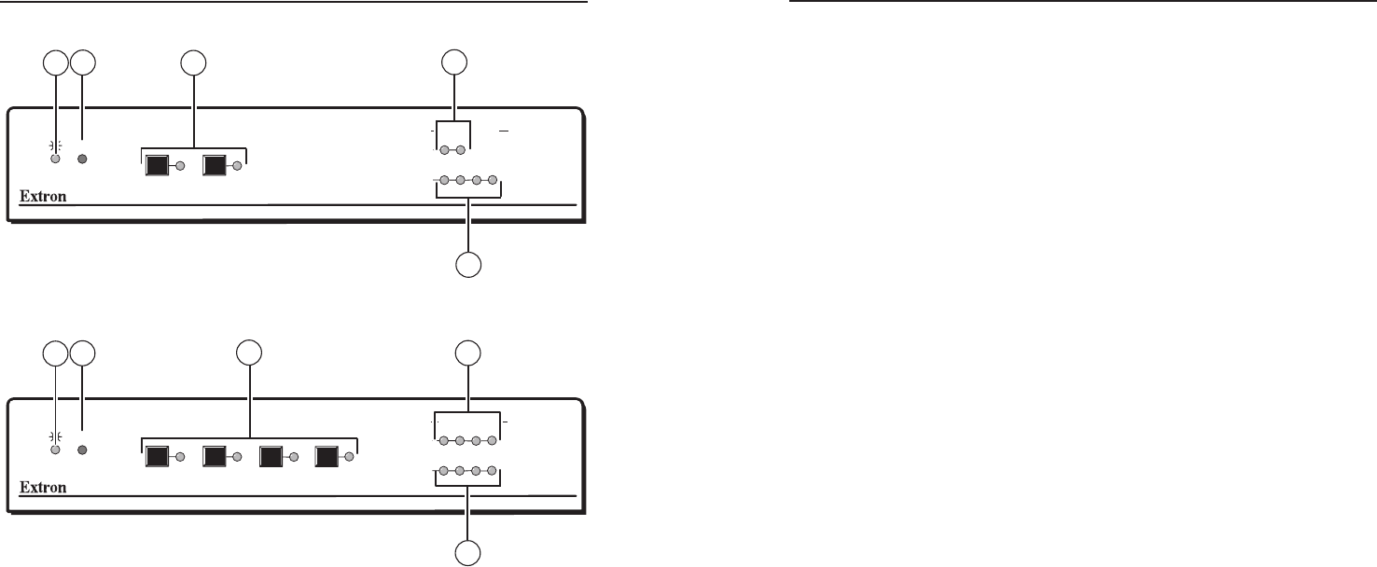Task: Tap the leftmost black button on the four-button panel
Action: [x=157, y=457]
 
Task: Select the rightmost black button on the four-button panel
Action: [x=327, y=457]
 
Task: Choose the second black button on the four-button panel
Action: [x=215, y=457]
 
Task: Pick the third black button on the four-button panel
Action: [x=271, y=457]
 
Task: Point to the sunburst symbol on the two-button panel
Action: [x=56, y=145]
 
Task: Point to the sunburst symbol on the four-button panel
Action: [x=56, y=435]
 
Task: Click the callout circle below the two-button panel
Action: [x=469, y=265]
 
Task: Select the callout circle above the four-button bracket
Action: [x=249, y=353]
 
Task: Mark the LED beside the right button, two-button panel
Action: [x=237, y=167]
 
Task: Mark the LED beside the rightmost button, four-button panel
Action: [x=349, y=457]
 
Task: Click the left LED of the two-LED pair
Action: [x=445, y=150]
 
